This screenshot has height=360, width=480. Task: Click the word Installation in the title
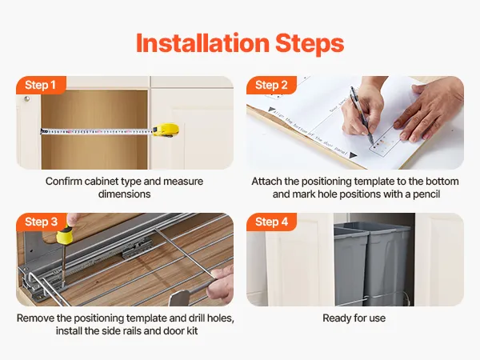[202, 43]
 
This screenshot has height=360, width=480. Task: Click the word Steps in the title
[310, 43]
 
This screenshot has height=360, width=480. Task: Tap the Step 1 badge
[41, 85]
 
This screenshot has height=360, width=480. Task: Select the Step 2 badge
[271, 85]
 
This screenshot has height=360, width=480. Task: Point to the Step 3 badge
[41, 222]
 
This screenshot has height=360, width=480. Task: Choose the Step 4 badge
[271, 222]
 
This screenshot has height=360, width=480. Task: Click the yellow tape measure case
[166, 130]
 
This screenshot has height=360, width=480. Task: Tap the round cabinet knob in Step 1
[27, 98]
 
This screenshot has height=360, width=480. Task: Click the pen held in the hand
[362, 114]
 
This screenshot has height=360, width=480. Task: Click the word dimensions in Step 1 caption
[124, 194]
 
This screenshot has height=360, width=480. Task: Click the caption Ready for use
[354, 318]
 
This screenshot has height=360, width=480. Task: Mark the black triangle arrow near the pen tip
[353, 155]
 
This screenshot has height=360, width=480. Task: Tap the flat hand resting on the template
[429, 110]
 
